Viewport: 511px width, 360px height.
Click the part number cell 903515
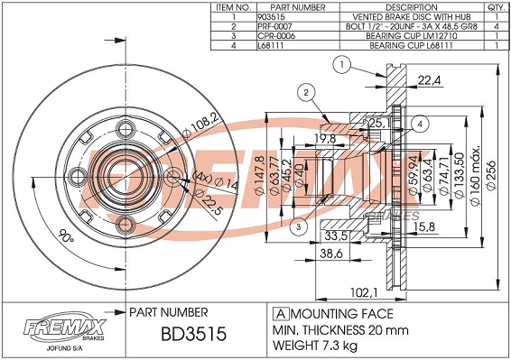271,17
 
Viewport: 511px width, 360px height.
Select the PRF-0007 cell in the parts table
274,26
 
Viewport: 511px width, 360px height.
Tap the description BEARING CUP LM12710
412,36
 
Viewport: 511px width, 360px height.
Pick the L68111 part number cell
270,45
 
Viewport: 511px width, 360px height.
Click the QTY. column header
497,7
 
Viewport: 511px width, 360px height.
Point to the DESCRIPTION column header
412,7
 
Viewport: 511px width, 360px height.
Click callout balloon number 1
341,65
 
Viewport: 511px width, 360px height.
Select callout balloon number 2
306,93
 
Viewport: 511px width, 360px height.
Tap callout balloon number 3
299,227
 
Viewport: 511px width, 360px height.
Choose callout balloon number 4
420,125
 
